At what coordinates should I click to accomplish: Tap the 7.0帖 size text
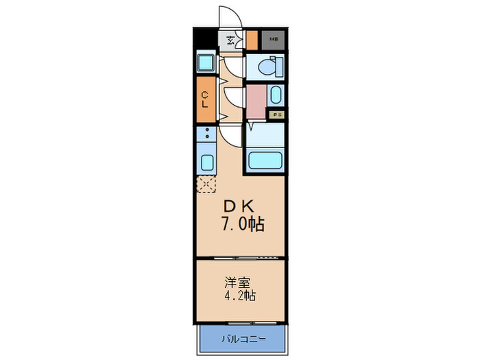(241, 224)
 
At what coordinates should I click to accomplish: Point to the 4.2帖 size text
(239, 297)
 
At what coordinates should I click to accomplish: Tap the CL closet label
(205, 100)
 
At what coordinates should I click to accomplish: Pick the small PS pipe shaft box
(277, 115)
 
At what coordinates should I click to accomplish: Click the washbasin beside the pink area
(275, 95)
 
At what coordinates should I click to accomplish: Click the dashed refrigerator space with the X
(206, 183)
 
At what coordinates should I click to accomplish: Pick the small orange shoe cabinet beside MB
(252, 39)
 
